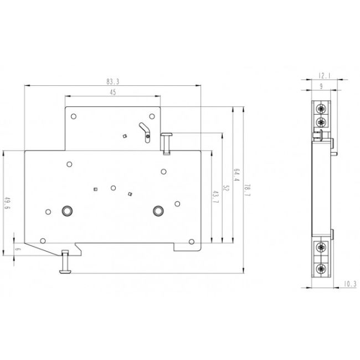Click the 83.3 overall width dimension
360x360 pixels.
[x=113, y=81]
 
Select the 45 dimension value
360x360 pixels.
[x=112, y=93]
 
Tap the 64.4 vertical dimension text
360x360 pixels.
[x=235, y=175]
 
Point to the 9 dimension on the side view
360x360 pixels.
[x=321, y=85]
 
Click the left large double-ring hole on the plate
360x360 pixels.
[x=68, y=210]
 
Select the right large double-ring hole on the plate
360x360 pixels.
[x=160, y=210]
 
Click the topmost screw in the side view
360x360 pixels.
[x=321, y=106]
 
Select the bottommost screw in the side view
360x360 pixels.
[x=321, y=270]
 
